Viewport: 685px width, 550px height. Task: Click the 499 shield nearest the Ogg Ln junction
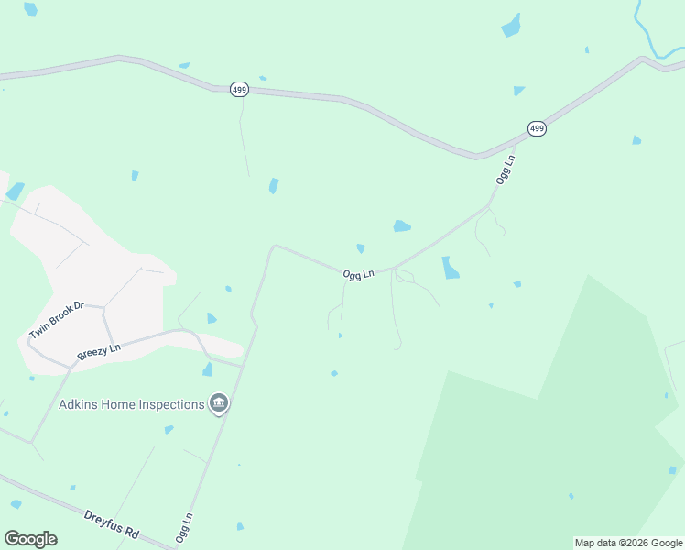click(x=537, y=128)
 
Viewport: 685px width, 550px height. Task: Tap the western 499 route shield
click(x=240, y=89)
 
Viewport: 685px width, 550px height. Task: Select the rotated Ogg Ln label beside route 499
click(x=506, y=170)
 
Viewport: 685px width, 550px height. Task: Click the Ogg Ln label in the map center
click(x=359, y=274)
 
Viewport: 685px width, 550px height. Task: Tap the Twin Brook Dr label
click(x=56, y=320)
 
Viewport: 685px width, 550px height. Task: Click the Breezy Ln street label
click(x=99, y=351)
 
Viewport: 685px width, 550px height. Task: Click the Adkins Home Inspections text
click(x=130, y=404)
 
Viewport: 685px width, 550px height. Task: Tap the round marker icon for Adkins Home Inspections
click(x=218, y=403)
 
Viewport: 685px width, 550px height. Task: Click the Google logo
click(x=30, y=539)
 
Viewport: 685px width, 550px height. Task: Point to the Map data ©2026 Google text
click(x=628, y=543)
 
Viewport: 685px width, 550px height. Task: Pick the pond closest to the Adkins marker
click(x=207, y=369)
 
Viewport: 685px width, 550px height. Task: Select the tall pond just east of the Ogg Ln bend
click(x=450, y=268)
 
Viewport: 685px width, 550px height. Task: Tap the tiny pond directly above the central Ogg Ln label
click(x=361, y=248)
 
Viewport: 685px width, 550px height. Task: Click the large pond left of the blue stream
click(x=511, y=26)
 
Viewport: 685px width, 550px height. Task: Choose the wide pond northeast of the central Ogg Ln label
click(x=401, y=225)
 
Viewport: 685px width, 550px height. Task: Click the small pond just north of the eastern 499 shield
click(x=519, y=91)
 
